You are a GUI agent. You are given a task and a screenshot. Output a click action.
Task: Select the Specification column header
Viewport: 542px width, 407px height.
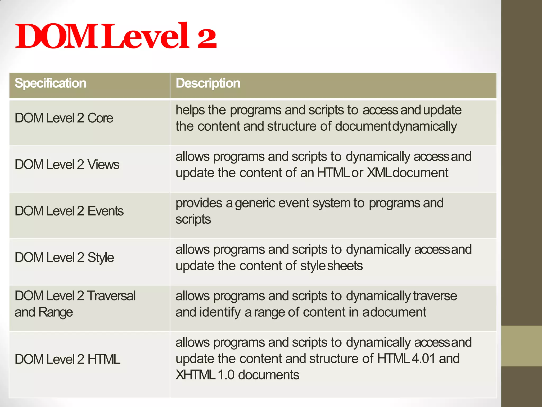coord(50,83)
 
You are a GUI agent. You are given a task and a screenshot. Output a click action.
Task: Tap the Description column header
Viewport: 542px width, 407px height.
coord(208,83)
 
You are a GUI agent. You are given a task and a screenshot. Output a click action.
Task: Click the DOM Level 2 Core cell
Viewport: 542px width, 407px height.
coord(64,118)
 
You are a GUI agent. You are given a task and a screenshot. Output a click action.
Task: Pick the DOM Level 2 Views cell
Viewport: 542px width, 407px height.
coord(67,165)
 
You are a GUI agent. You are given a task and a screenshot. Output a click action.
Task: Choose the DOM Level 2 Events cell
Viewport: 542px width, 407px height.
coord(69,211)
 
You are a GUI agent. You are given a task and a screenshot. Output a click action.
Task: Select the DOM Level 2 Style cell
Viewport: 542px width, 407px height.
coord(64,258)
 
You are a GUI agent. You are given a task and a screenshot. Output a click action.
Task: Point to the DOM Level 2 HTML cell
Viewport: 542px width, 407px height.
coord(67,359)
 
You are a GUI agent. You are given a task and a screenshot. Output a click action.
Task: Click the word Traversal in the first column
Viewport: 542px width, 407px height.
coord(111,296)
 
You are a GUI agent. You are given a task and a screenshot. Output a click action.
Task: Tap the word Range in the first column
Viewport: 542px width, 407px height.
coord(56,312)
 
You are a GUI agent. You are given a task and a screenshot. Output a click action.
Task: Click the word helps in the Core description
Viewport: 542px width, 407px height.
coord(190,110)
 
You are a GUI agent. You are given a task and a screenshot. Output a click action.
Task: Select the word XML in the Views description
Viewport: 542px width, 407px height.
coord(379,173)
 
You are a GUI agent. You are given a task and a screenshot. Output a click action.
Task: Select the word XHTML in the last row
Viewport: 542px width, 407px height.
coord(195,375)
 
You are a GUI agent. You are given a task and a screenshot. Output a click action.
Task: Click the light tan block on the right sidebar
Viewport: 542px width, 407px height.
coord(521,346)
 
